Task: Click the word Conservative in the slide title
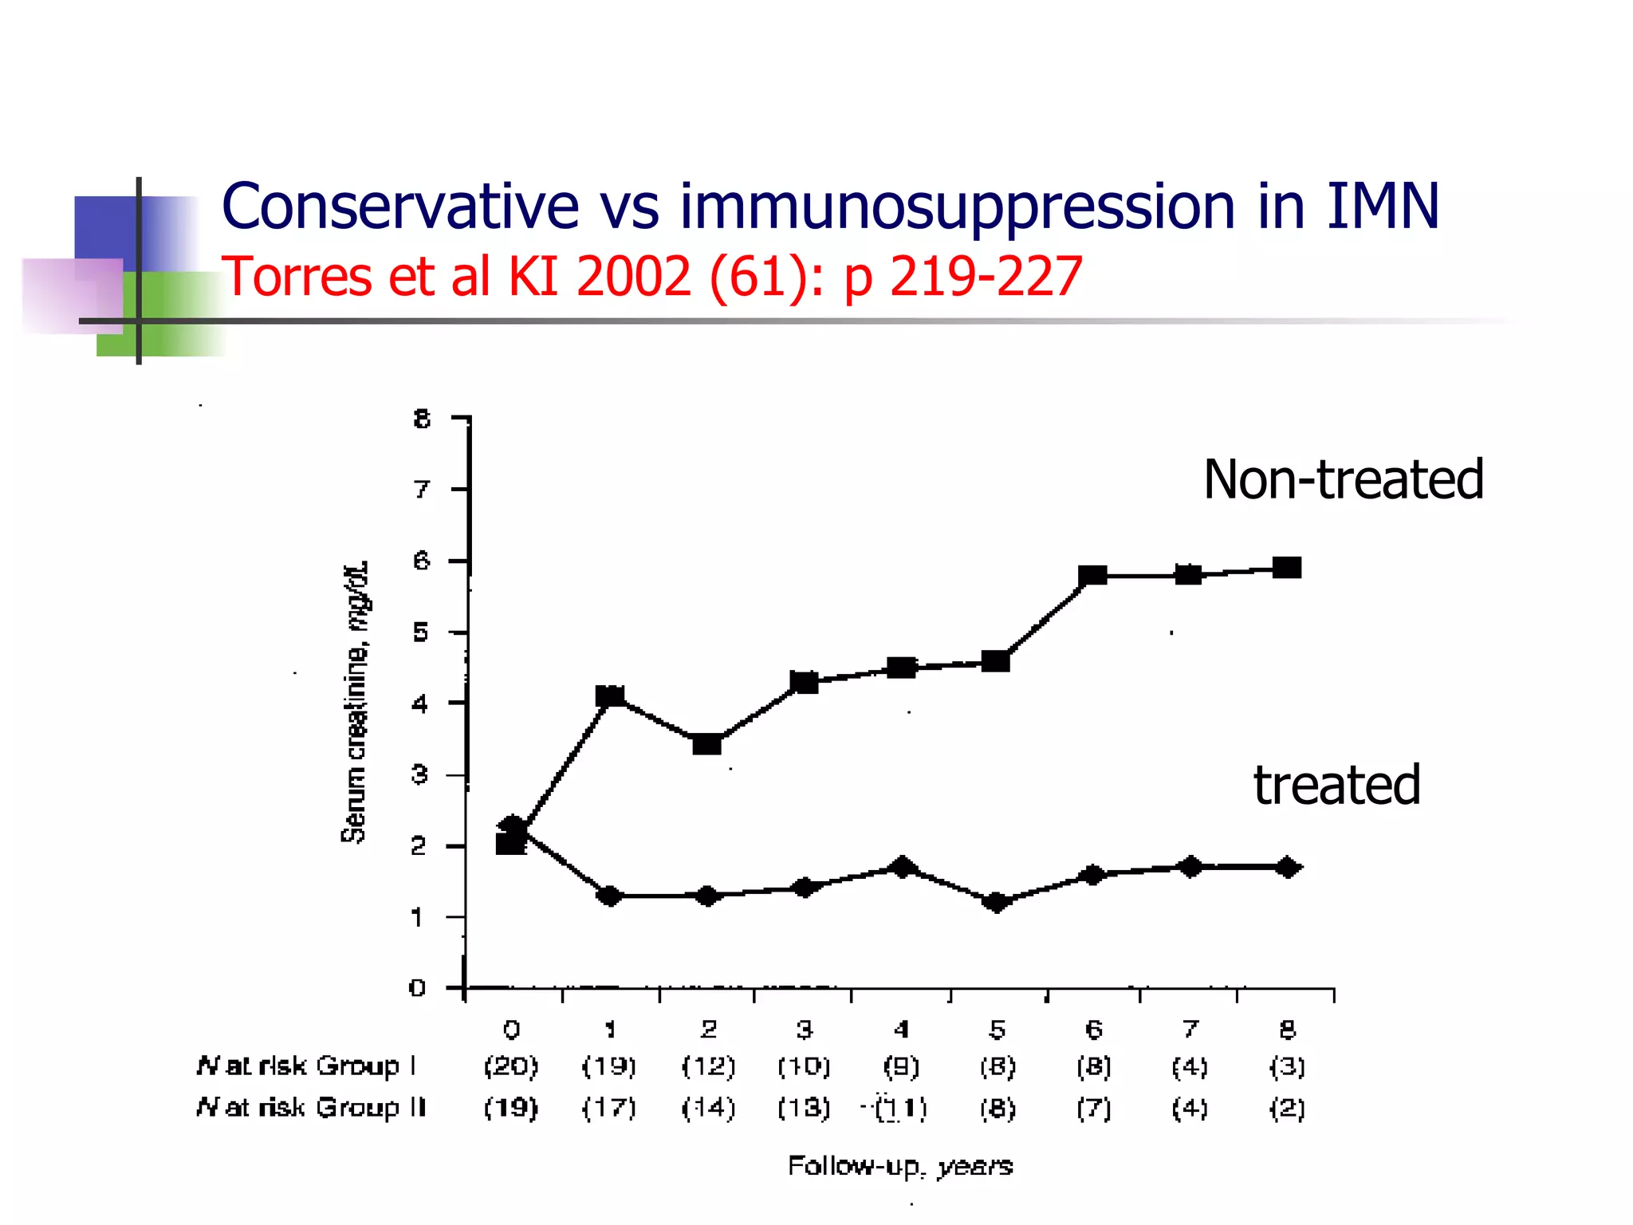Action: point(399,207)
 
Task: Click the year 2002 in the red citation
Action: point(633,277)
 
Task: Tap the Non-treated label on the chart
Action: point(1343,480)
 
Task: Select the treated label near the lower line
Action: point(1336,786)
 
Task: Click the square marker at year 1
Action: point(610,696)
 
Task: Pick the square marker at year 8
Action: point(1287,568)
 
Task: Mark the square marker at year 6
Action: point(1092,575)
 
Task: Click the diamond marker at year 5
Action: point(996,902)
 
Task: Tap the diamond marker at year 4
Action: point(902,867)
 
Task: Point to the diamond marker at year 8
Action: point(1287,867)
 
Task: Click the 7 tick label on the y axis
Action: point(422,489)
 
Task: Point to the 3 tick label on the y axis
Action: point(420,774)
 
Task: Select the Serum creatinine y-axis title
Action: point(355,702)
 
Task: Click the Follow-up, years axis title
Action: point(900,1166)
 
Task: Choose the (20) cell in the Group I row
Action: point(511,1066)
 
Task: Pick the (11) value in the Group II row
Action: point(901,1109)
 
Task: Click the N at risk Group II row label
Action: point(311,1108)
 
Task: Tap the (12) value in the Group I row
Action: point(708,1066)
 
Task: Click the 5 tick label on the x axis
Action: point(997,1030)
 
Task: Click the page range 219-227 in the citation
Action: point(986,277)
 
